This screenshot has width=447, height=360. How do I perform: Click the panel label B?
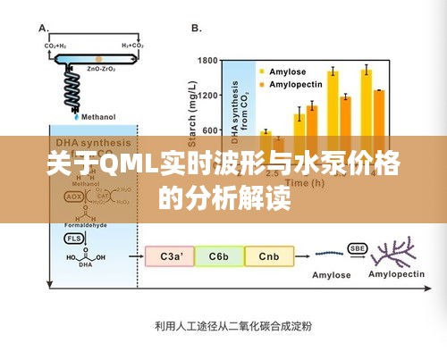[196, 28]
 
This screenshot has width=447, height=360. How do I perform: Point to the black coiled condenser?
[77, 88]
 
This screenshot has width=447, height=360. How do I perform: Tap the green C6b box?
[219, 257]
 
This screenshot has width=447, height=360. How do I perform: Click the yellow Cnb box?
[268, 257]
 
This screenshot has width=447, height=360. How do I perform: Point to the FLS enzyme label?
[75, 239]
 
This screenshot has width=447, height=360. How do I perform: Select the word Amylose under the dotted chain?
[330, 275]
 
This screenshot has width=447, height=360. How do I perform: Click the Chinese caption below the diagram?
[223, 325]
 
